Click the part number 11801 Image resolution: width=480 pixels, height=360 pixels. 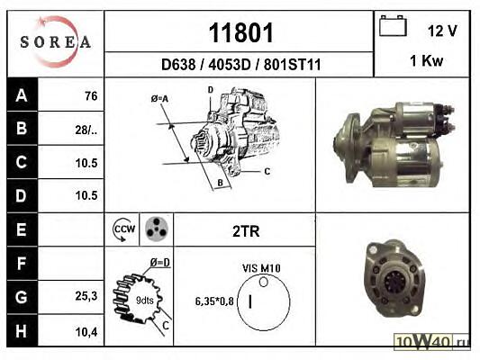pyautogui.click(x=240, y=32)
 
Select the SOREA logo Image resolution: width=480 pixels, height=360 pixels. pyautogui.click(x=56, y=41)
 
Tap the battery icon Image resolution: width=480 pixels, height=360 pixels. pyautogui.click(x=393, y=26)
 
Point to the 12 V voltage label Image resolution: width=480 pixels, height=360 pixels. pyautogui.click(x=442, y=31)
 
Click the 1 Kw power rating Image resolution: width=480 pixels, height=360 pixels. pyautogui.click(x=427, y=60)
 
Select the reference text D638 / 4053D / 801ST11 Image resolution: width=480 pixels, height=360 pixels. pyautogui.click(x=241, y=65)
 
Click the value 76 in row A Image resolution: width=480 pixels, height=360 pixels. pyautogui.click(x=91, y=96)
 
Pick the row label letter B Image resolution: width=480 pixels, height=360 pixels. pyautogui.click(x=22, y=128)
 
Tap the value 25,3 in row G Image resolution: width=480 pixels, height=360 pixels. pyautogui.click(x=86, y=296)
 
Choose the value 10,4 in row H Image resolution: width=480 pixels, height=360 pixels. pyautogui.click(x=86, y=331)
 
